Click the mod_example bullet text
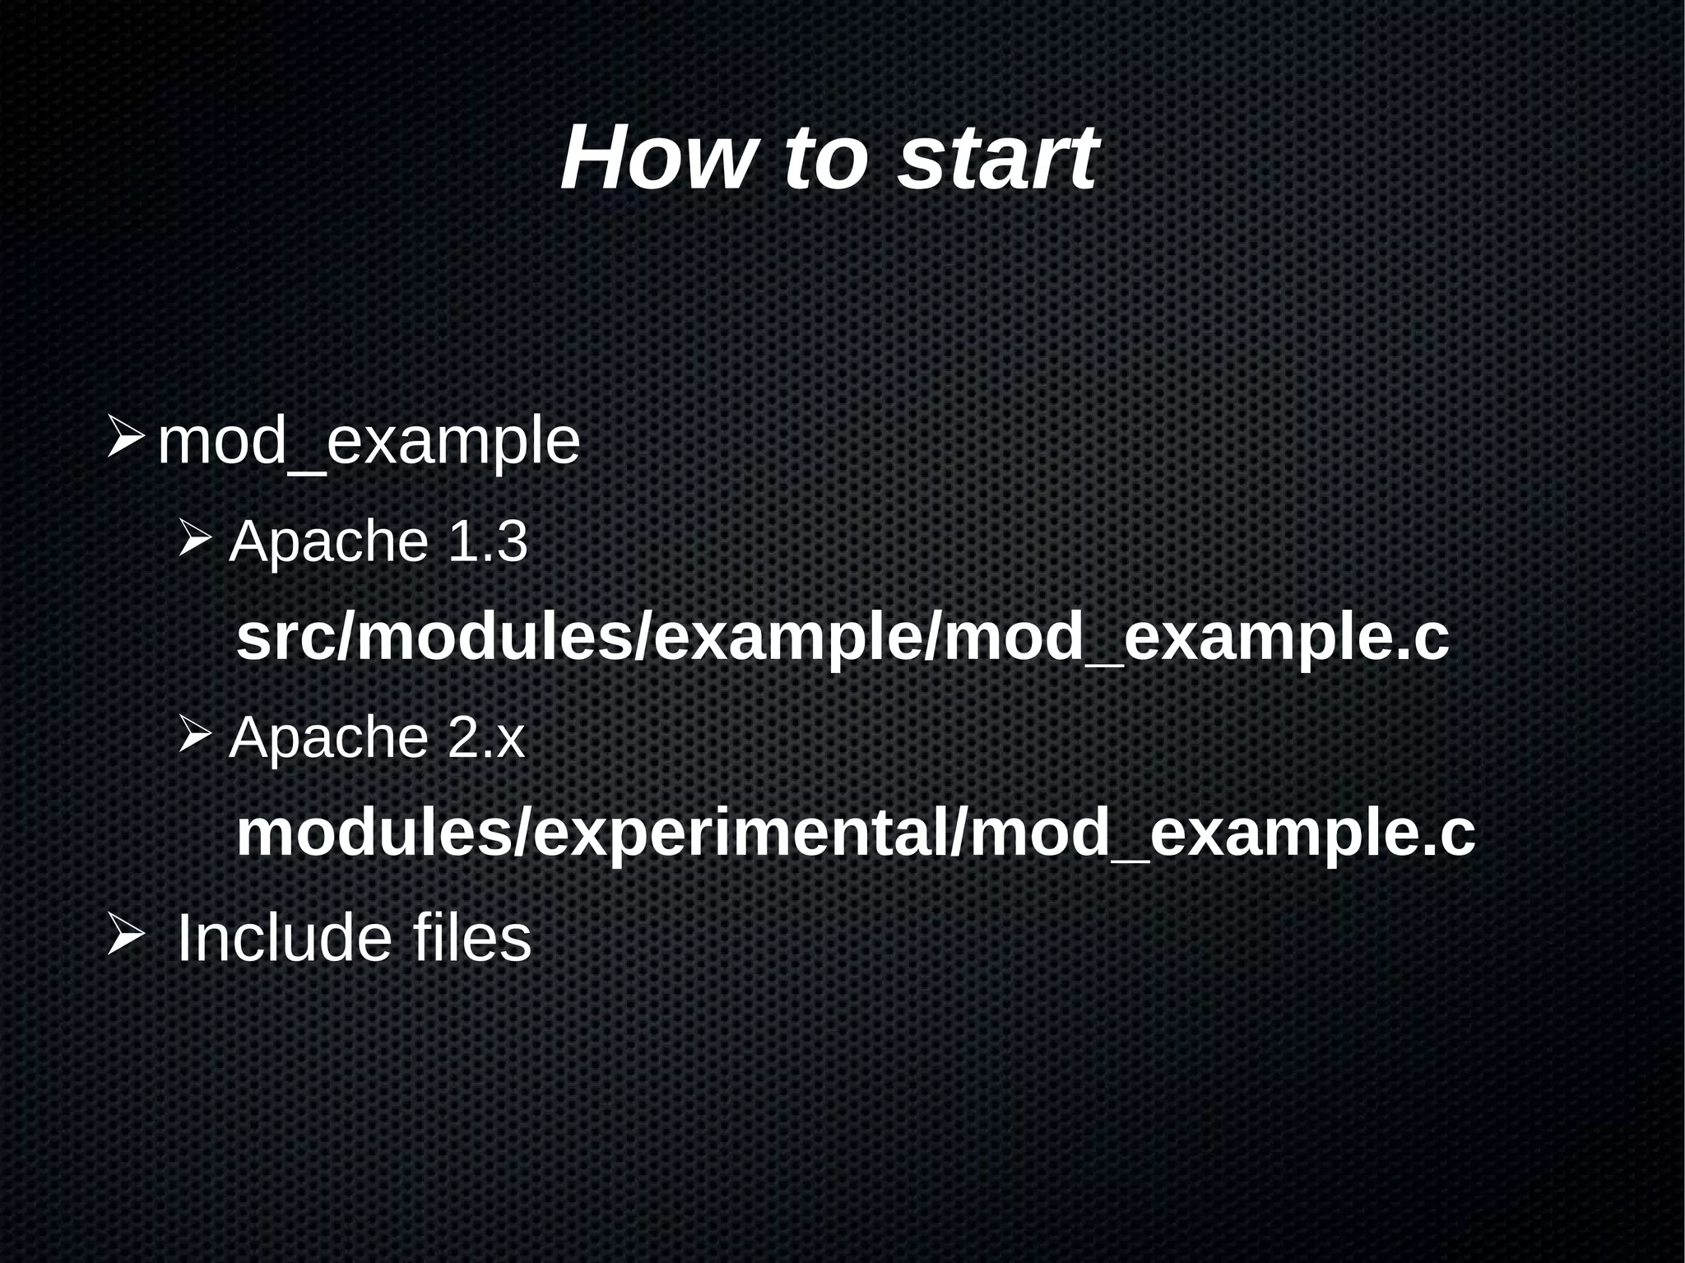369,443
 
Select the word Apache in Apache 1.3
328,542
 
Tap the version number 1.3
486,542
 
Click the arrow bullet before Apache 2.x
196,735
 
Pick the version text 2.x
485,737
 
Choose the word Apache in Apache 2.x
328,737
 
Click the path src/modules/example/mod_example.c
842,638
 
